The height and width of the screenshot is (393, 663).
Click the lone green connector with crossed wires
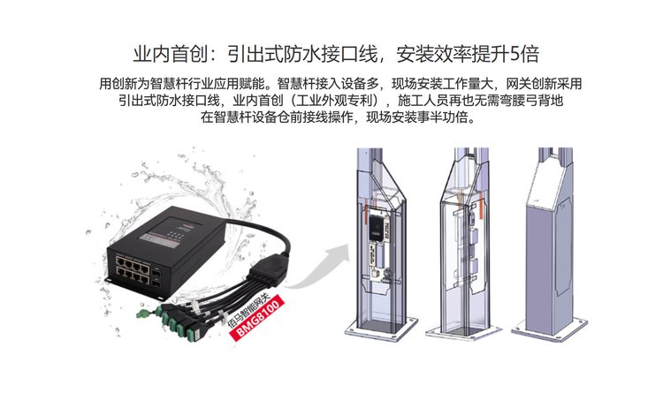pos(144,313)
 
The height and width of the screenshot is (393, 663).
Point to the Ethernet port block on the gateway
pos(133,270)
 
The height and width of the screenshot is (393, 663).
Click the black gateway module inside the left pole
pos(377,227)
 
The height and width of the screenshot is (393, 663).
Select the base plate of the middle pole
pos(463,329)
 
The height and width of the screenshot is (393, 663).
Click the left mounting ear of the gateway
pos(109,280)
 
